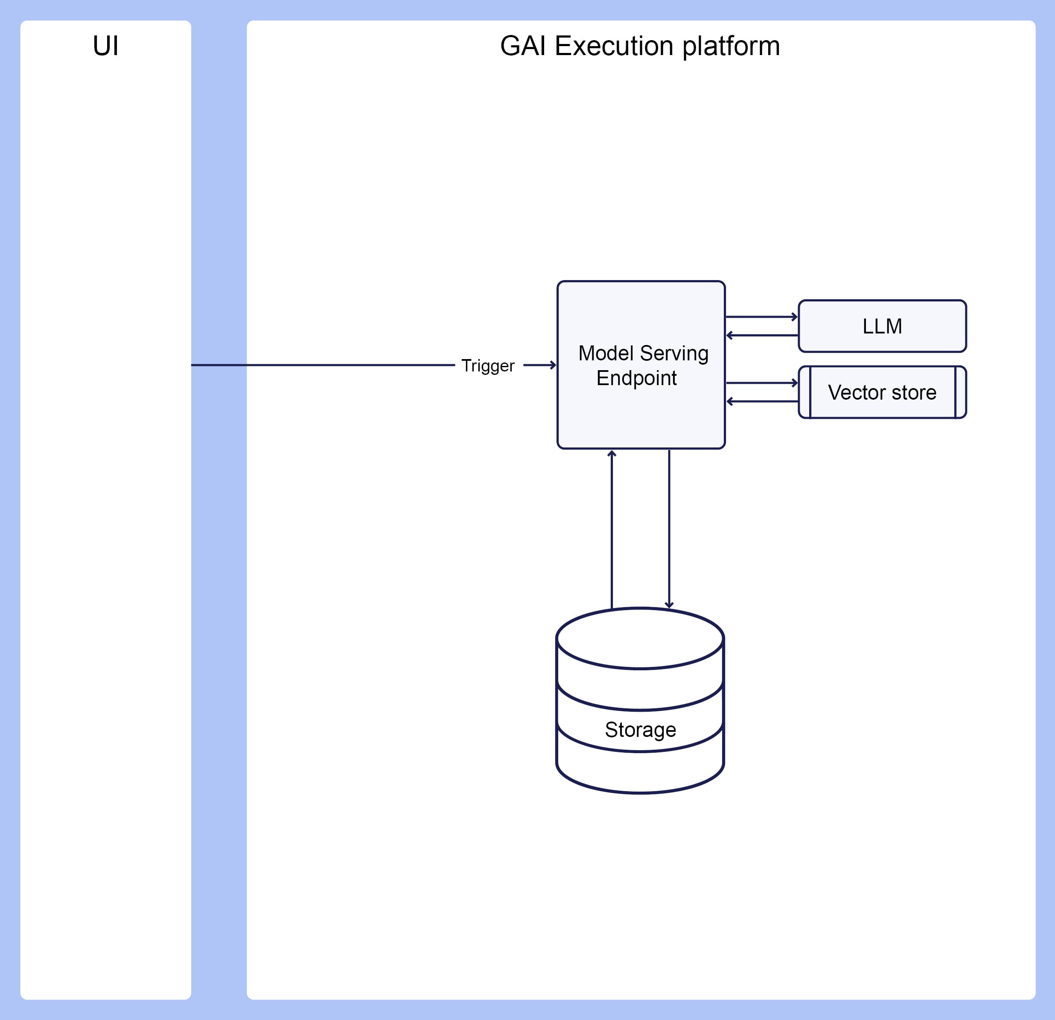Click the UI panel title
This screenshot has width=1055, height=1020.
[x=105, y=46]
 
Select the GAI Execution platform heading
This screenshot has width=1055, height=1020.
[x=640, y=46]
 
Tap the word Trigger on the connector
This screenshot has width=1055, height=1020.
[x=488, y=365]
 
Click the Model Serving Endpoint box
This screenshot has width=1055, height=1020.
[x=641, y=365]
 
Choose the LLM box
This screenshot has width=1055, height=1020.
[x=882, y=326]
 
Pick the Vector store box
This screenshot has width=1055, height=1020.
[x=882, y=392]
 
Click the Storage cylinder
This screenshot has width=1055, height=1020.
[x=640, y=700]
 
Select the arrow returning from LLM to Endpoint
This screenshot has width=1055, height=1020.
[x=762, y=335]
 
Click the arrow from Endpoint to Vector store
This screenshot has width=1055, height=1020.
[x=762, y=383]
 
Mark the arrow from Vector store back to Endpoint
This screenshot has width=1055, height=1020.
[x=762, y=401]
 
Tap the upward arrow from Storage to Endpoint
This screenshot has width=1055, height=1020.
[x=612, y=529]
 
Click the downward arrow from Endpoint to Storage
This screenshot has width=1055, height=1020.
[x=669, y=529]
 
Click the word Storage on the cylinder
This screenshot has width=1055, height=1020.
[x=641, y=730]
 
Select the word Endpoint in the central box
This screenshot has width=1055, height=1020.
[x=636, y=378]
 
